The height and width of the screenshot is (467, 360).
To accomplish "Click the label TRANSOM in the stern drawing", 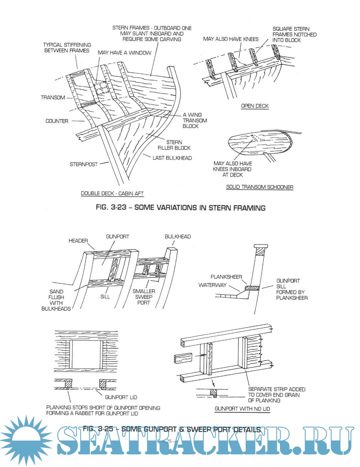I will [53, 98].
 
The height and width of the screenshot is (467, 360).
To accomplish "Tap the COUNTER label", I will [57, 121].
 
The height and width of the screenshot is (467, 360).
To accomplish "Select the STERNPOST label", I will [83, 164].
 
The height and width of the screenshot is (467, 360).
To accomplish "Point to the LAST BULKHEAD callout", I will [172, 158].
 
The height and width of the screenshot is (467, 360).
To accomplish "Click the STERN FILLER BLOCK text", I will [174, 145].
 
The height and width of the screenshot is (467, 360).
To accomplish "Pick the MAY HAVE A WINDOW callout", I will [124, 53].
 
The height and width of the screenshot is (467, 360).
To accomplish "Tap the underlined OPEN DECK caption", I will [255, 106].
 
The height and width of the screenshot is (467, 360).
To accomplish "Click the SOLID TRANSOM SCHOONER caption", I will [259, 187].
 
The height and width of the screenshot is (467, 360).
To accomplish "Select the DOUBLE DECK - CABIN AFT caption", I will [112, 193].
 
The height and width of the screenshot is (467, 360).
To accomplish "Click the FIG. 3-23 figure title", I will [180, 207].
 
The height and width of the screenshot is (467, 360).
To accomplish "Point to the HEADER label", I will [78, 241].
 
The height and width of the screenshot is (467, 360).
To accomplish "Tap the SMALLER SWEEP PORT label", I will [144, 297].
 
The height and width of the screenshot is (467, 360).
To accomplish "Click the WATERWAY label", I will [212, 285].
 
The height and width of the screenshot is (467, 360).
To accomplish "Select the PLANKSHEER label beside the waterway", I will [226, 277].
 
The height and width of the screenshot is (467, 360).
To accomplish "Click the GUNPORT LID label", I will [121, 397].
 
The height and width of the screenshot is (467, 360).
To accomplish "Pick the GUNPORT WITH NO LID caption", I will [242, 409].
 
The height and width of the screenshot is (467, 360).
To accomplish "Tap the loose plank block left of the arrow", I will [183, 358].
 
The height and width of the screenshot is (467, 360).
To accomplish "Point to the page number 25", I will [169, 441].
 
